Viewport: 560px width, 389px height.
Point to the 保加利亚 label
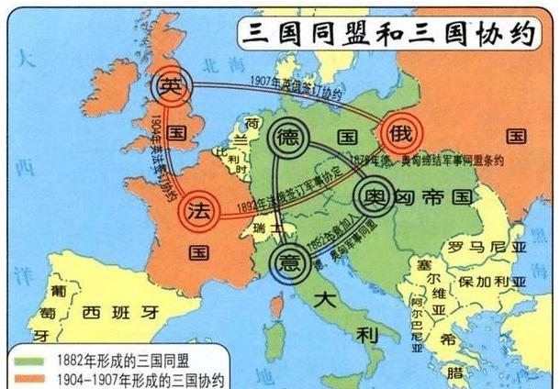pos(495,278)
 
